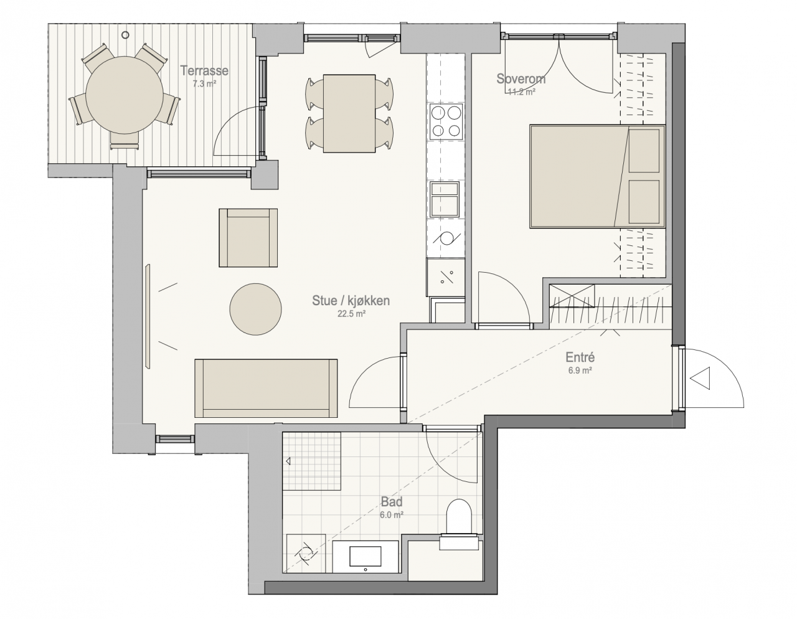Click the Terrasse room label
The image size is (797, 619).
(204, 70)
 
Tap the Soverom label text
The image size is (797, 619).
(521, 78)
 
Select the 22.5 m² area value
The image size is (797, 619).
(351, 313)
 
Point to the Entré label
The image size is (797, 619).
(580, 357)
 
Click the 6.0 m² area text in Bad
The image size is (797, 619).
(392, 515)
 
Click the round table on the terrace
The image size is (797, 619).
(125, 95)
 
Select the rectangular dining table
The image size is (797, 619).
(349, 113)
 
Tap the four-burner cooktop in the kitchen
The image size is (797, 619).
(446, 121)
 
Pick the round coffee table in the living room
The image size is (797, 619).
(256, 309)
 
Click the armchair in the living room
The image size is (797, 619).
(248, 238)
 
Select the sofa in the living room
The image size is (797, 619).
(266, 388)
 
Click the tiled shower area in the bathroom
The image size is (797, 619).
(312, 461)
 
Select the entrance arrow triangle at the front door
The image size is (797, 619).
(700, 378)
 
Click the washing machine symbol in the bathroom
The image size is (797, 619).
(306, 554)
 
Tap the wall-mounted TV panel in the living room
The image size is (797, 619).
(148, 316)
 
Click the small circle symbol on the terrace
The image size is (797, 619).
(125, 35)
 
